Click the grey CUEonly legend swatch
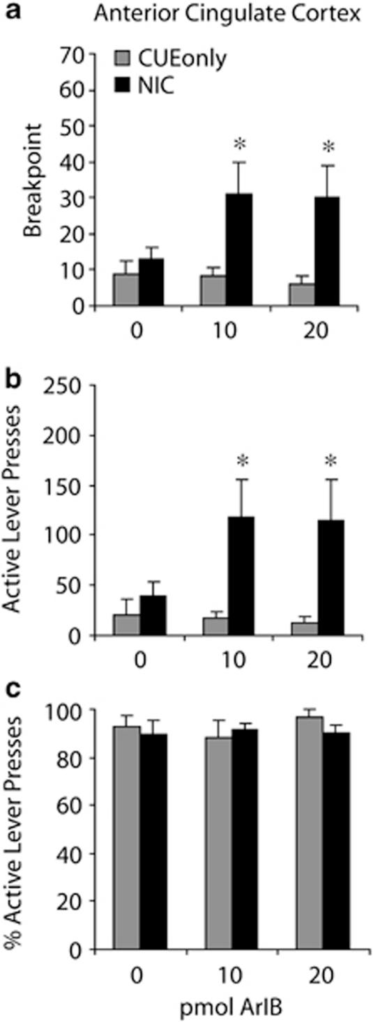coord(121,61)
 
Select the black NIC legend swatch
coord(121,82)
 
